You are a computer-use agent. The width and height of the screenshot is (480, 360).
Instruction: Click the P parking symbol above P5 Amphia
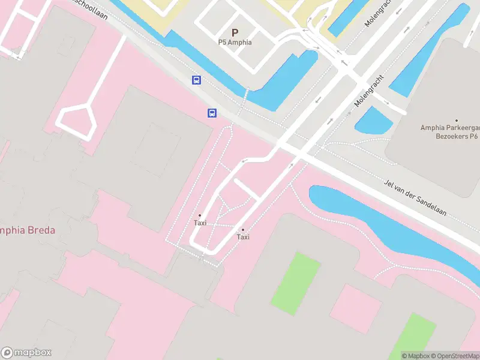click(235, 33)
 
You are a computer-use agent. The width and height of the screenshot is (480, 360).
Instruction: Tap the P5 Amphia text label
click(235, 43)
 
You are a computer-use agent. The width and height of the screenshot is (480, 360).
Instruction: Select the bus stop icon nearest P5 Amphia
click(196, 80)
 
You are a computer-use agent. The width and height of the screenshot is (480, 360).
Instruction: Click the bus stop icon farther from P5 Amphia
click(212, 113)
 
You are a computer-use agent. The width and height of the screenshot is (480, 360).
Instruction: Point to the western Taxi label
click(200, 223)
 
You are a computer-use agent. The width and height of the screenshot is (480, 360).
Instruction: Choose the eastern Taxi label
click(243, 237)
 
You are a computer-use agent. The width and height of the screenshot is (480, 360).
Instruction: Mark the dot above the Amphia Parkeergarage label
click(457, 121)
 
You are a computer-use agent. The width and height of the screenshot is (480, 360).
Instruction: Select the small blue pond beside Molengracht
click(373, 120)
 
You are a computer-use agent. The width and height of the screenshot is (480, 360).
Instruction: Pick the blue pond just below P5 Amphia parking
click(282, 84)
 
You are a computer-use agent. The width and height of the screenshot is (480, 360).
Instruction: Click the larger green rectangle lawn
click(296, 283)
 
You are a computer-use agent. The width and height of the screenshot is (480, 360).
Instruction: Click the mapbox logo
click(26, 353)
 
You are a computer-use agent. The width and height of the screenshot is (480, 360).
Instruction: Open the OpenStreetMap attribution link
click(453, 356)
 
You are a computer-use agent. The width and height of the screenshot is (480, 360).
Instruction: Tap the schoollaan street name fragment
click(90, 8)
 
